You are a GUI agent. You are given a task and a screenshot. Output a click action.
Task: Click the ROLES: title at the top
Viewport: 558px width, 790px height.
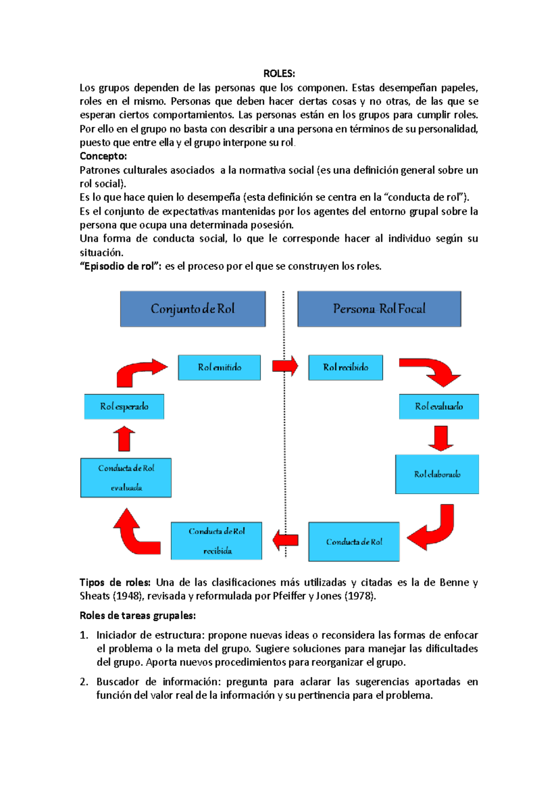(x=279, y=74)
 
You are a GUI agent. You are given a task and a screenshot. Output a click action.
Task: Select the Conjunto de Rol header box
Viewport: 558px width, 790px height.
(x=193, y=309)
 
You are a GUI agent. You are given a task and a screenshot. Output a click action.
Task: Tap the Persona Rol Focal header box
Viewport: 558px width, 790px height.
(x=379, y=309)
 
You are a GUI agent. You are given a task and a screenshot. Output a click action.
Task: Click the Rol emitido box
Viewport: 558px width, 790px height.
(x=219, y=368)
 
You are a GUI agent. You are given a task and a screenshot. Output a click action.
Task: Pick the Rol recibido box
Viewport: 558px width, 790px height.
(x=345, y=368)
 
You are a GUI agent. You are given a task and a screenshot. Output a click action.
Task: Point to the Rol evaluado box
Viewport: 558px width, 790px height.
(x=438, y=407)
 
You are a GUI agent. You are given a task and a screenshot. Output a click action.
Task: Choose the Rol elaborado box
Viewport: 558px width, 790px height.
(x=437, y=474)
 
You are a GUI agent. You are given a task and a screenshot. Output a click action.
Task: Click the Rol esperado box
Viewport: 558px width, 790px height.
(x=124, y=407)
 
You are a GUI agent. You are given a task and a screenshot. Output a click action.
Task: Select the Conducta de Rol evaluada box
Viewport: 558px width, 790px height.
(x=126, y=478)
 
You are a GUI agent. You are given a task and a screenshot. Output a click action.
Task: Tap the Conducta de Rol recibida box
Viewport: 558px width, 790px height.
(x=216, y=541)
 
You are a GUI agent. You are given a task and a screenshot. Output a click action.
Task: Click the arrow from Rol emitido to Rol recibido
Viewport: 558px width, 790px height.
(x=285, y=366)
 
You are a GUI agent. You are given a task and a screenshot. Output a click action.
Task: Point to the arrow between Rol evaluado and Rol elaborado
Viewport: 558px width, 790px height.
(x=440, y=438)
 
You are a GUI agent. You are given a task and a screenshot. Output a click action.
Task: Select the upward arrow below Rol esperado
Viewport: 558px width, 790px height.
(x=124, y=439)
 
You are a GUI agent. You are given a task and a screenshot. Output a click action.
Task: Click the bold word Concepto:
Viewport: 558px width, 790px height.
(x=103, y=156)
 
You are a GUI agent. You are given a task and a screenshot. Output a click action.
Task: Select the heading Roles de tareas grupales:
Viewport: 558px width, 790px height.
(x=138, y=616)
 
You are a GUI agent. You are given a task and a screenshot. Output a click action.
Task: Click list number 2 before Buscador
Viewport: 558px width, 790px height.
(x=84, y=682)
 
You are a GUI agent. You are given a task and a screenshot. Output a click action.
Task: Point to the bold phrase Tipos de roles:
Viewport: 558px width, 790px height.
(x=114, y=582)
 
